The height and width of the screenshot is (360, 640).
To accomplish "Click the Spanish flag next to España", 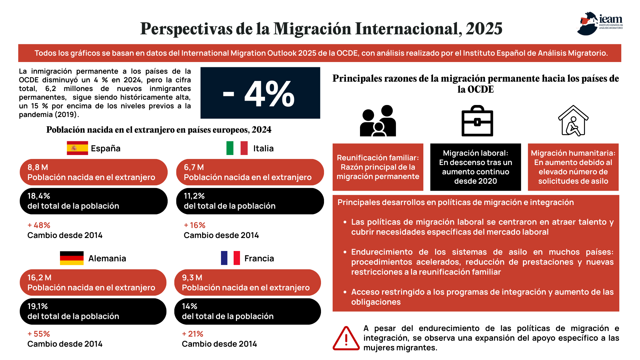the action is point(77,148).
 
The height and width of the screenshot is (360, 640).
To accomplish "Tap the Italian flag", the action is point(237,148).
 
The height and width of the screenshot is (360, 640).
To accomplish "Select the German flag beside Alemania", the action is point(72,258).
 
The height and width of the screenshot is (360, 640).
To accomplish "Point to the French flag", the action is point(230,258).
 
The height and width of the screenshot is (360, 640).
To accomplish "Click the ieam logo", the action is point(600,23).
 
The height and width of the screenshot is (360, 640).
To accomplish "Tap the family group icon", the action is point(378,121).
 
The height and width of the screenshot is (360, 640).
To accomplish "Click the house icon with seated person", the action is point(573,121).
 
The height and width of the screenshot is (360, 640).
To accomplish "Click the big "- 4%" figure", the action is point(259,94).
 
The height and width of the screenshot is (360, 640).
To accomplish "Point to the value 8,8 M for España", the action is point(38,167).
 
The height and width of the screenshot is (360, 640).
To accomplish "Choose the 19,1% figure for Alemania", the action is point(38,306).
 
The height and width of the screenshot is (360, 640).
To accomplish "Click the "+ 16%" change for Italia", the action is point(195,225).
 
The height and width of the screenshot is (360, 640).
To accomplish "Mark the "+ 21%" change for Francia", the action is point(193,334).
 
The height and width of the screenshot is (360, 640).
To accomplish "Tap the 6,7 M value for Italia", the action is point(194,167).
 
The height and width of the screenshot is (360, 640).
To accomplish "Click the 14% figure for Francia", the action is point(190,306).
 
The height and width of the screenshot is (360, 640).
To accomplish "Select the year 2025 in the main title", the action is point(484,29).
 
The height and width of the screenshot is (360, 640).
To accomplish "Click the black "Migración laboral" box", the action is point(476,167).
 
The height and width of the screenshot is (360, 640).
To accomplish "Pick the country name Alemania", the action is point(107,258).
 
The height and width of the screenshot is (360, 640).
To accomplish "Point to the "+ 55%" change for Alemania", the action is point(39,334).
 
